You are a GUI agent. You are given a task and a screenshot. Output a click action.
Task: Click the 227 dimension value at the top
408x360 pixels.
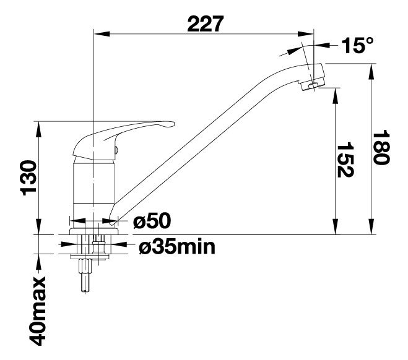206,24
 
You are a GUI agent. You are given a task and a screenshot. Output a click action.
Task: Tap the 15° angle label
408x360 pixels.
357,45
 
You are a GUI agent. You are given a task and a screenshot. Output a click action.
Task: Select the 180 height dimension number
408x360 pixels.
381,147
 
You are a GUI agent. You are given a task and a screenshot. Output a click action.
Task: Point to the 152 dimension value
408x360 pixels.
345,160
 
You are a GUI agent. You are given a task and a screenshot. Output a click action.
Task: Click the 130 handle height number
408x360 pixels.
28,178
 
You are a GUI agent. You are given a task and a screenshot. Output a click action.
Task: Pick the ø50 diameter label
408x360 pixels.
152,221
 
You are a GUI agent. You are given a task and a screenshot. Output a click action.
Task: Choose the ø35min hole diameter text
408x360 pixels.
177,247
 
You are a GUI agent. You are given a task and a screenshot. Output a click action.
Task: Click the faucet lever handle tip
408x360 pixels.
171,124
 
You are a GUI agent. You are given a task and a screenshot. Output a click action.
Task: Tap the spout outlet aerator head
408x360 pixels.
312,77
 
